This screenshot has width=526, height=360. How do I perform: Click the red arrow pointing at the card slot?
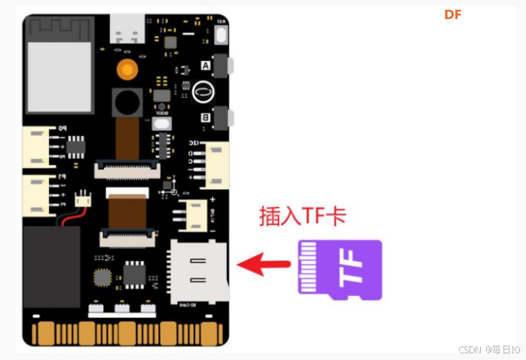click(x=263, y=264)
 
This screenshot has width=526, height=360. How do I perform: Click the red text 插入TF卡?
click(x=302, y=216)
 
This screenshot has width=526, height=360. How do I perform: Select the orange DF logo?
click(x=452, y=14)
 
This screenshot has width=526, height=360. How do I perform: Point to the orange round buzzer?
click(x=126, y=71)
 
